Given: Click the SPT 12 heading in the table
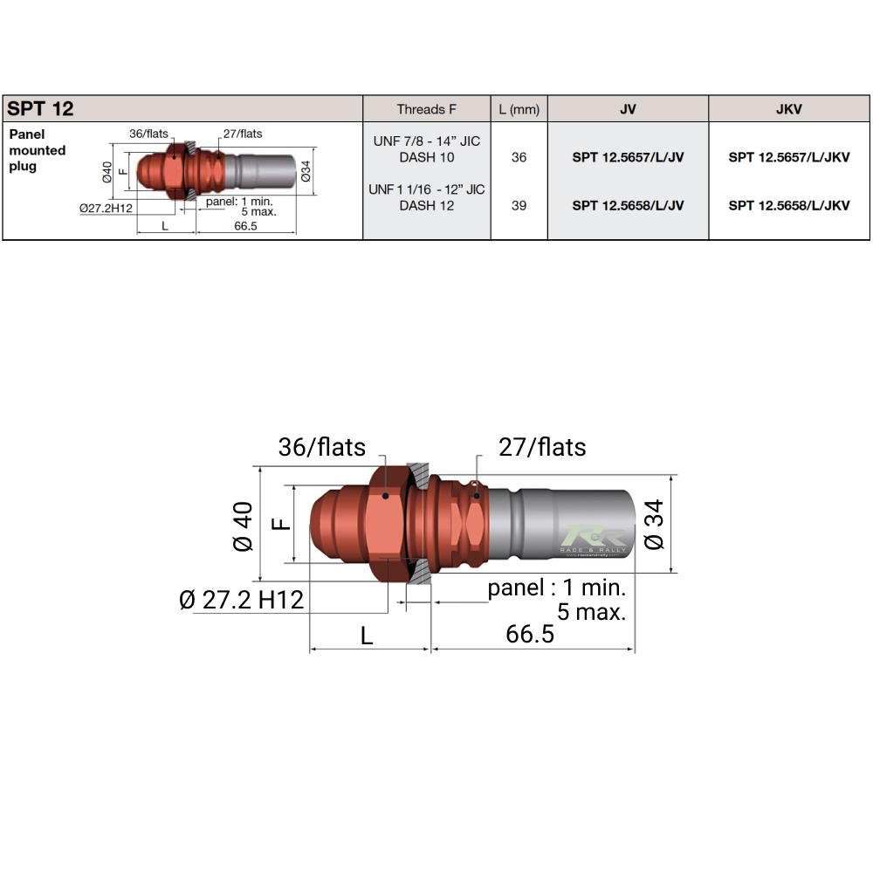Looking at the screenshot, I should (x=41, y=109).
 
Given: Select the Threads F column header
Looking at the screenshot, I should (x=426, y=109).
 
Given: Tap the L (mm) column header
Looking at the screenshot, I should (x=519, y=109).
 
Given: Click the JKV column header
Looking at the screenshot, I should (x=788, y=109).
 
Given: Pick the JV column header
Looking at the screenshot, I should (x=628, y=109).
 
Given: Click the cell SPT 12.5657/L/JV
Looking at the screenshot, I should (x=628, y=158).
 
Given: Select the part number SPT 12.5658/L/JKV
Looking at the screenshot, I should (x=788, y=206).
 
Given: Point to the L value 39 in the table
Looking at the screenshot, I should (x=519, y=206).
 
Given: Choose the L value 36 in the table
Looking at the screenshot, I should (x=519, y=158).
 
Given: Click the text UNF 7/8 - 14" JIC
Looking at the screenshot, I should (x=426, y=141).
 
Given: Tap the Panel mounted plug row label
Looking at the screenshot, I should (x=38, y=150).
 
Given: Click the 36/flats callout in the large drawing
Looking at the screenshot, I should (x=321, y=447).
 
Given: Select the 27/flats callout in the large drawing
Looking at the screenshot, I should (x=542, y=447).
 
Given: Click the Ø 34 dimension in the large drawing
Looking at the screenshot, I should (x=654, y=525).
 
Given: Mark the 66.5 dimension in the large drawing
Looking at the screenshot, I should (x=530, y=634).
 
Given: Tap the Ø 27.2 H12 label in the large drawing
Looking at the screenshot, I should (x=241, y=600).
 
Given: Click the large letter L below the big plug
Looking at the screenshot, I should (x=367, y=636).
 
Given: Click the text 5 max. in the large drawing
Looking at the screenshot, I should (x=591, y=611).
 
